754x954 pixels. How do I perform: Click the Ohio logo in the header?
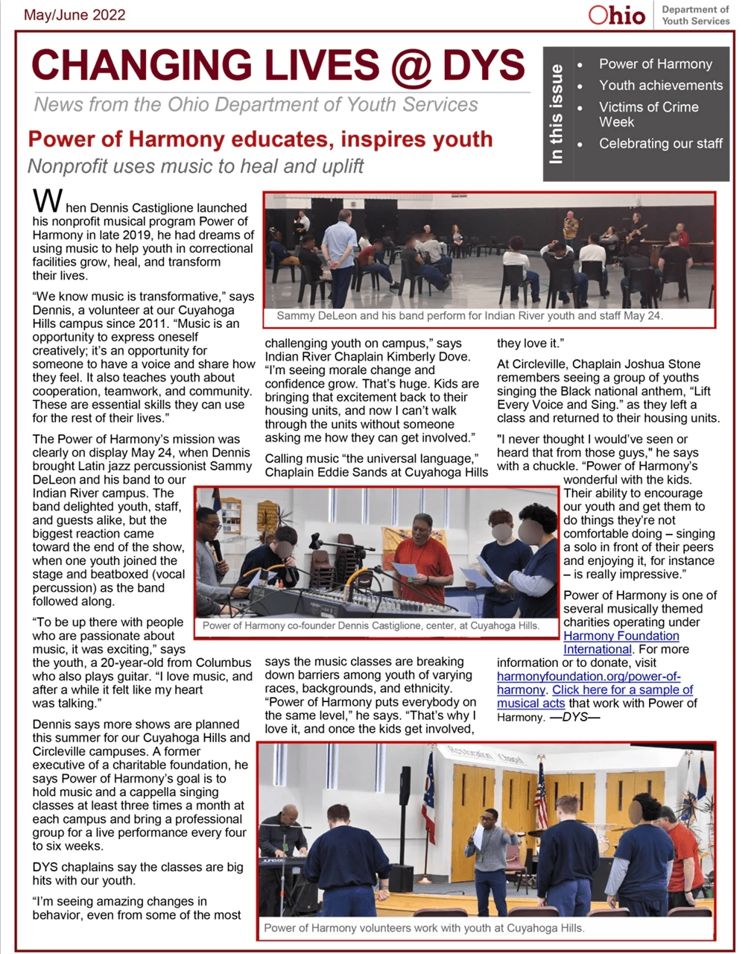[617, 15]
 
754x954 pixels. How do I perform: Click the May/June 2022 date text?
[75, 15]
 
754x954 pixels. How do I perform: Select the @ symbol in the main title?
[409, 66]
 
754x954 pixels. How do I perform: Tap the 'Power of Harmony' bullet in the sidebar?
[655, 64]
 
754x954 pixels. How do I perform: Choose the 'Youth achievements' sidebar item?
[660, 86]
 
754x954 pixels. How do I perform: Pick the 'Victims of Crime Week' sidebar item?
[648, 114]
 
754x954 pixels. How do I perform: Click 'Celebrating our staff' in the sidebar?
[660, 143]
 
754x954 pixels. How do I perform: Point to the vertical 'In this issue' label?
[557, 113]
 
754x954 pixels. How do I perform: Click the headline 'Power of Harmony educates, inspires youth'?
[260, 139]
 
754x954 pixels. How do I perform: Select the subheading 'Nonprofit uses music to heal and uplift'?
[195, 166]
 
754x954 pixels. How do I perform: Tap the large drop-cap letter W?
[47, 201]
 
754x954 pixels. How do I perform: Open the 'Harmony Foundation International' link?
[621, 642]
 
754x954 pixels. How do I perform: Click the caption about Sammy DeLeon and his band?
[469, 316]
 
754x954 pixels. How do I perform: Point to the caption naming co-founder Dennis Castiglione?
[370, 625]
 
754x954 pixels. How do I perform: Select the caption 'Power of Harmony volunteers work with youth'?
[424, 928]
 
